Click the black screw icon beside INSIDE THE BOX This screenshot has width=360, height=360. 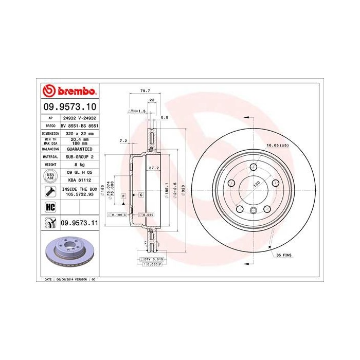point(50,192)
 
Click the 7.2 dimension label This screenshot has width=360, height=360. point(123,140)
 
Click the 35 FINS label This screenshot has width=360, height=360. point(283,255)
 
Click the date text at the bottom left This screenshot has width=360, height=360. point(67,279)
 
